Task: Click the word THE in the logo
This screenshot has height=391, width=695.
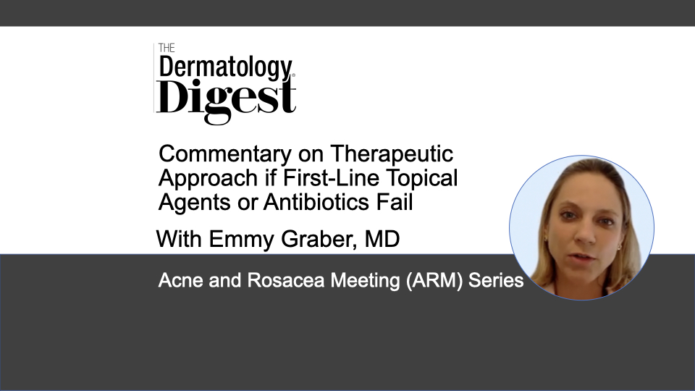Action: coord(167,48)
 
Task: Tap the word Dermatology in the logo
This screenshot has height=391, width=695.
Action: coord(226,67)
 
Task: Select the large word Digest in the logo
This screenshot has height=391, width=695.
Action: coord(226,99)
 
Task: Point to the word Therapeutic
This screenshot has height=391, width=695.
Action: coord(392,154)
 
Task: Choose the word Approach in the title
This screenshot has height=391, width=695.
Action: coord(208,178)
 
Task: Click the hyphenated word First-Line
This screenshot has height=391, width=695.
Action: coord(331,178)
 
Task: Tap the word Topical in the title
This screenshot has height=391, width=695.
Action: coord(422,178)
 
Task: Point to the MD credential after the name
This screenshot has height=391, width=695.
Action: coord(382,239)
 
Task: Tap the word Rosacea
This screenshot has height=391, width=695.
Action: coord(285,281)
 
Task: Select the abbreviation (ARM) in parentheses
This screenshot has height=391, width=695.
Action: coord(434,281)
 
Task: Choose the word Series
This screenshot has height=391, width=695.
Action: coord(496,281)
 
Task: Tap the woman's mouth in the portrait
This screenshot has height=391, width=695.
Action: coord(582,258)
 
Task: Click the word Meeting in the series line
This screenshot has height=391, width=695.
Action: coord(365,281)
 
